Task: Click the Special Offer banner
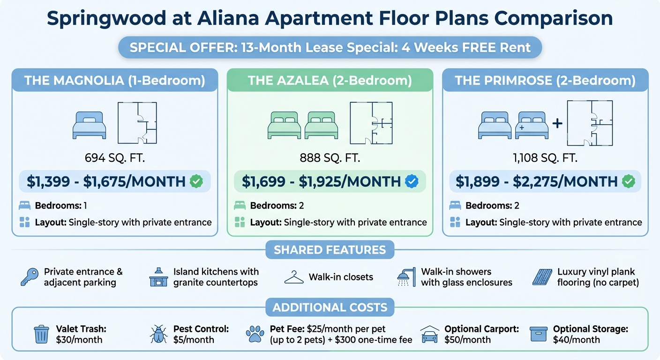pyautogui.click(x=330, y=48)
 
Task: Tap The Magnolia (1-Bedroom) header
pyautogui.click(x=115, y=80)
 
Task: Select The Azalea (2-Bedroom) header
pyautogui.click(x=330, y=80)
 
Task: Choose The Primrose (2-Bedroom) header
pyautogui.click(x=545, y=80)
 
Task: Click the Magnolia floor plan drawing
pyautogui.click(x=137, y=123)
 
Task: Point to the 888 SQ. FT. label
pyautogui.click(x=330, y=158)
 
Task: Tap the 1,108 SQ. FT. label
pyautogui.click(x=545, y=158)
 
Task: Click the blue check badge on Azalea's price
pyautogui.click(x=411, y=181)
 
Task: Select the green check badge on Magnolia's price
pyautogui.click(x=196, y=181)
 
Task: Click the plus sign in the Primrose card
pyautogui.click(x=557, y=124)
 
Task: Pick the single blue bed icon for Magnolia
pyautogui.click(x=89, y=125)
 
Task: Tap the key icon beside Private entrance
pyautogui.click(x=30, y=277)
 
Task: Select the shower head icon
pyautogui.click(x=406, y=277)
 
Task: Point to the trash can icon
pyautogui.click(x=41, y=334)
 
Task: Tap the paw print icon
pyautogui.click(x=255, y=335)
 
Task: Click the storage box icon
pyautogui.click(x=538, y=334)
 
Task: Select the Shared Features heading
pyautogui.click(x=330, y=250)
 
